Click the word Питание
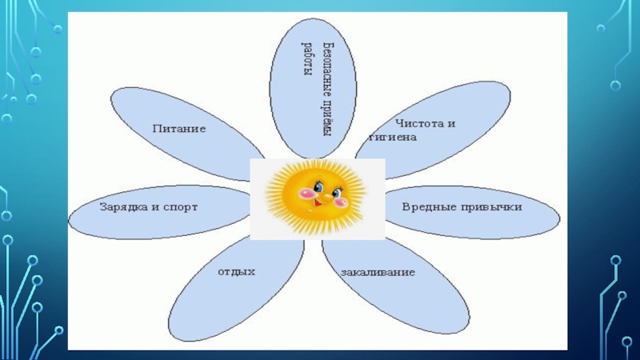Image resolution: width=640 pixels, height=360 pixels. pyautogui.click(x=179, y=128)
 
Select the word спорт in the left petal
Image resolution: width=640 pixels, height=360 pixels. pyautogui.click(x=180, y=207)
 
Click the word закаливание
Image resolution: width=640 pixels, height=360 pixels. pyautogui.click(x=378, y=273)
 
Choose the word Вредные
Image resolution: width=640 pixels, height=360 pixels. pyautogui.click(x=427, y=206)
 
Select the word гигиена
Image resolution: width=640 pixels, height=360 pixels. pyautogui.click(x=392, y=138)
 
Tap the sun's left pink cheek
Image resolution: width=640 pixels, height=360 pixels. pyautogui.click(x=304, y=194)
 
